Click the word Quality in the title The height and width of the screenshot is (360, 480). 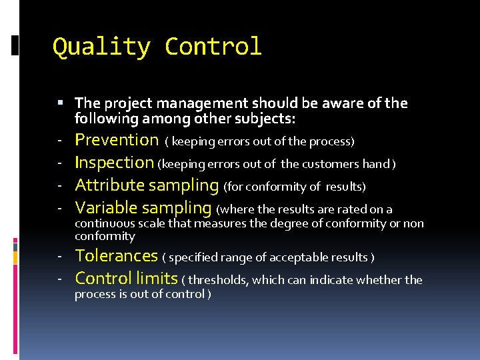[101, 47]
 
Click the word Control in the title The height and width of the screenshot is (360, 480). [213, 47]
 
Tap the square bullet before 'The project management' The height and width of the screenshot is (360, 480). [60, 103]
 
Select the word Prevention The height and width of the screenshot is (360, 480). [117, 140]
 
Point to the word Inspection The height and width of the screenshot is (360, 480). [114, 163]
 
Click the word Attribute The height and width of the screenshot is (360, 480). [109, 185]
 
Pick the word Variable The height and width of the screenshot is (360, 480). [107, 208]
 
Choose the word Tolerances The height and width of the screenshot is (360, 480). [117, 256]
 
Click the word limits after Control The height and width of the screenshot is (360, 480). [156, 279]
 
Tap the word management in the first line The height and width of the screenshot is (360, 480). [204, 103]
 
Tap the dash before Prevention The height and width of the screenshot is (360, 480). [59, 141]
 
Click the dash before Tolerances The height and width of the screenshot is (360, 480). [59, 257]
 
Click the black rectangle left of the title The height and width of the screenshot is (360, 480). [15, 46]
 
